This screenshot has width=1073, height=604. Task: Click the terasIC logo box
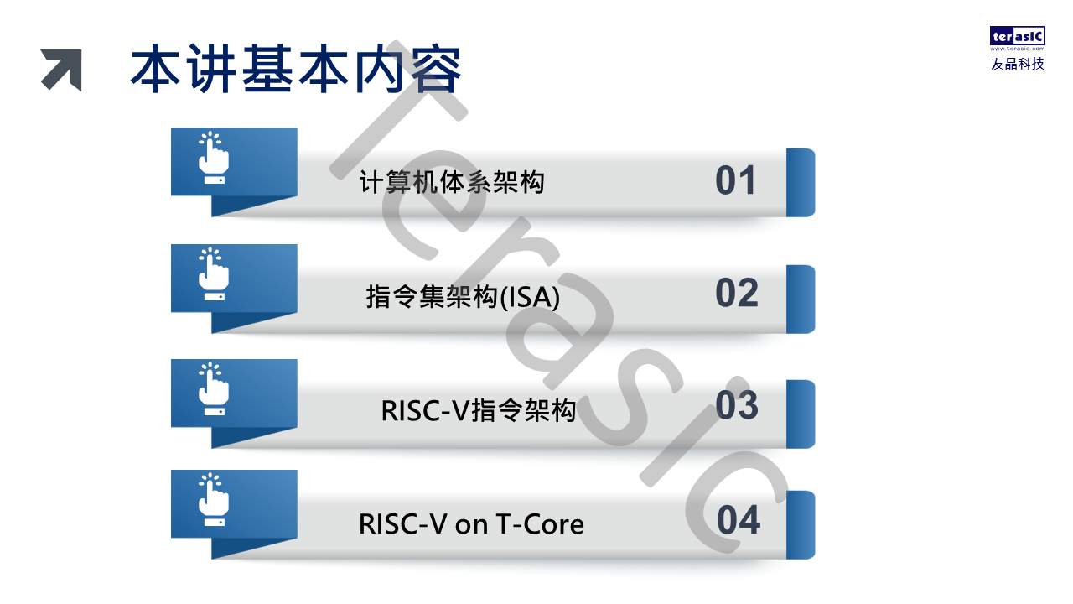coord(1018,35)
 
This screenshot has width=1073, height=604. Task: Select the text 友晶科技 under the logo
coord(1018,64)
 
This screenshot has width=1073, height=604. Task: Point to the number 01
coord(736,180)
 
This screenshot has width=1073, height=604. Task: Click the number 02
coord(737,293)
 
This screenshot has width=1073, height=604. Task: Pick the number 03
coord(737,405)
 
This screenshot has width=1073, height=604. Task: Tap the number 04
coord(739,519)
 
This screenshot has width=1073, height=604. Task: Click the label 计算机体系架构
coord(452,182)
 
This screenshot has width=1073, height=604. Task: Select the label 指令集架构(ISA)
coord(463,297)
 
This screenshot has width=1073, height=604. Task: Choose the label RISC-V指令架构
coord(478,410)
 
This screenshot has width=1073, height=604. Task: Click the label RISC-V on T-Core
coord(471,524)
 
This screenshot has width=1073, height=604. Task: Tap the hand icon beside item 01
coord(213,158)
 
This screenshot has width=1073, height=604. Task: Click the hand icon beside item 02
coord(213,274)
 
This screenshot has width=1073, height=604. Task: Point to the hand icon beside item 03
coord(213,388)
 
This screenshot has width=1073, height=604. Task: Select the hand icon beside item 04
coord(213,499)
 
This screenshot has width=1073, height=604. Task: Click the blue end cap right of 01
coord(801,183)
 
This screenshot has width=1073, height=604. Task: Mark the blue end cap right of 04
coord(801,525)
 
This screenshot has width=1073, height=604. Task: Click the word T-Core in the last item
coord(539,524)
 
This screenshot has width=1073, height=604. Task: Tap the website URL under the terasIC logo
coord(1018,49)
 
